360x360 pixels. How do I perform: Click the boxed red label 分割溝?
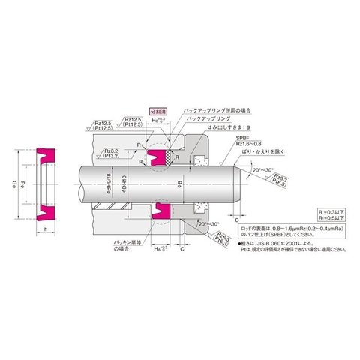coord(159,110)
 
